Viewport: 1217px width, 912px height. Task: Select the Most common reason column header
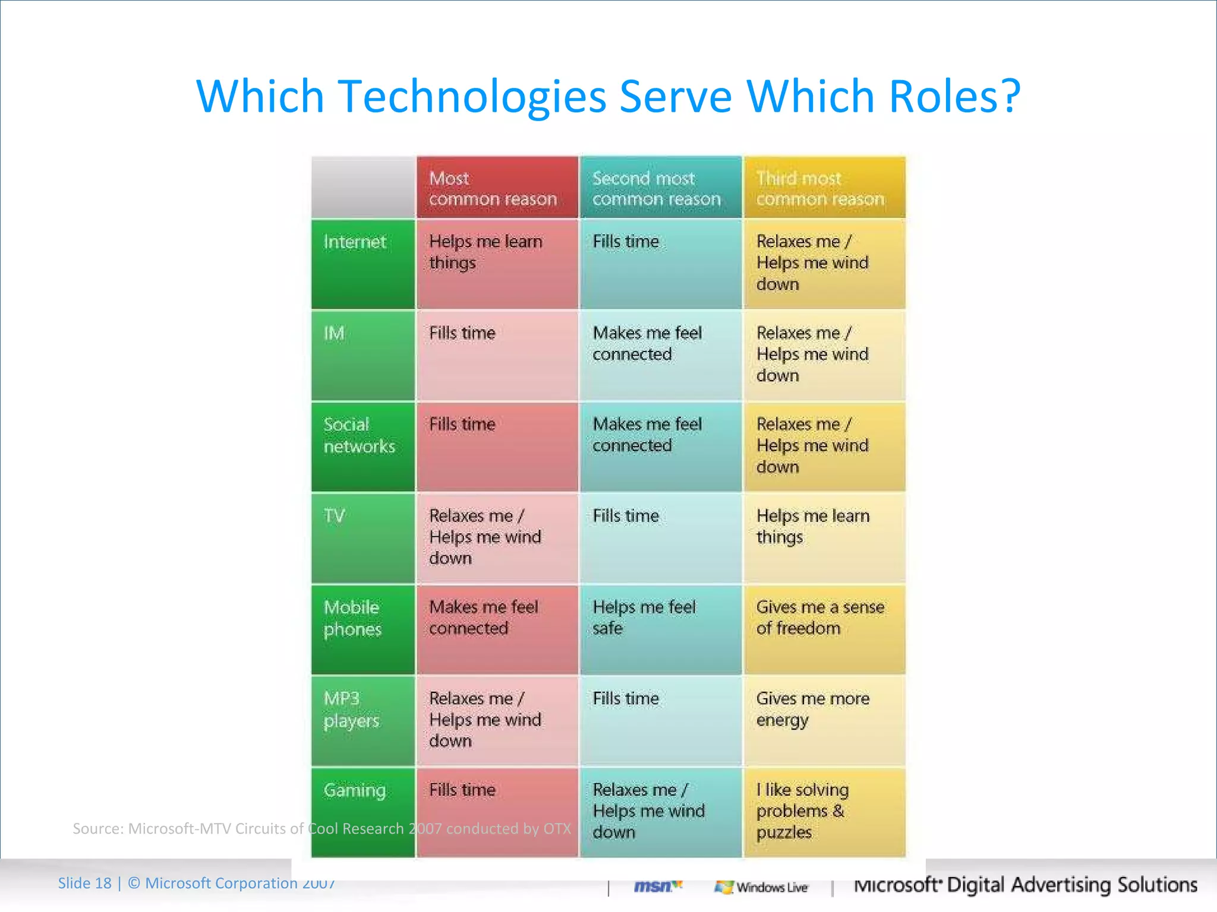pyautogui.click(x=497, y=188)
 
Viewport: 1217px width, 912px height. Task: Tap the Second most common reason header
pyautogui.click(x=660, y=188)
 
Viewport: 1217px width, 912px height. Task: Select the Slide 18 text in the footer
pyautogui.click(x=84, y=883)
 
